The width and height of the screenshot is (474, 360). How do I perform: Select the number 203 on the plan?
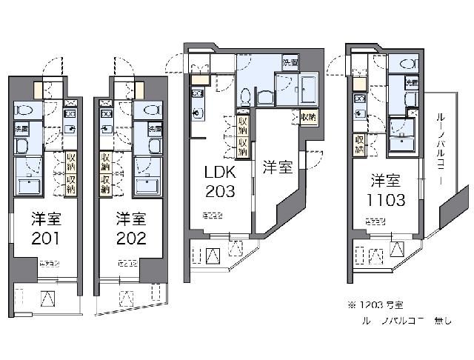[219, 192]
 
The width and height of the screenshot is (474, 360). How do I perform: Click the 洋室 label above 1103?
[387, 179]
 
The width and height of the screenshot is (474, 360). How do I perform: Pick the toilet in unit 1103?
[408, 64]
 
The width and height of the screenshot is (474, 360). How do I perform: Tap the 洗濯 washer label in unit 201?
[20, 129]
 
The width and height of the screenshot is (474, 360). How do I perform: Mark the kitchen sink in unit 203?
[196, 113]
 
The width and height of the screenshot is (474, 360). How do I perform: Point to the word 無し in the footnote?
[442, 321]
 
